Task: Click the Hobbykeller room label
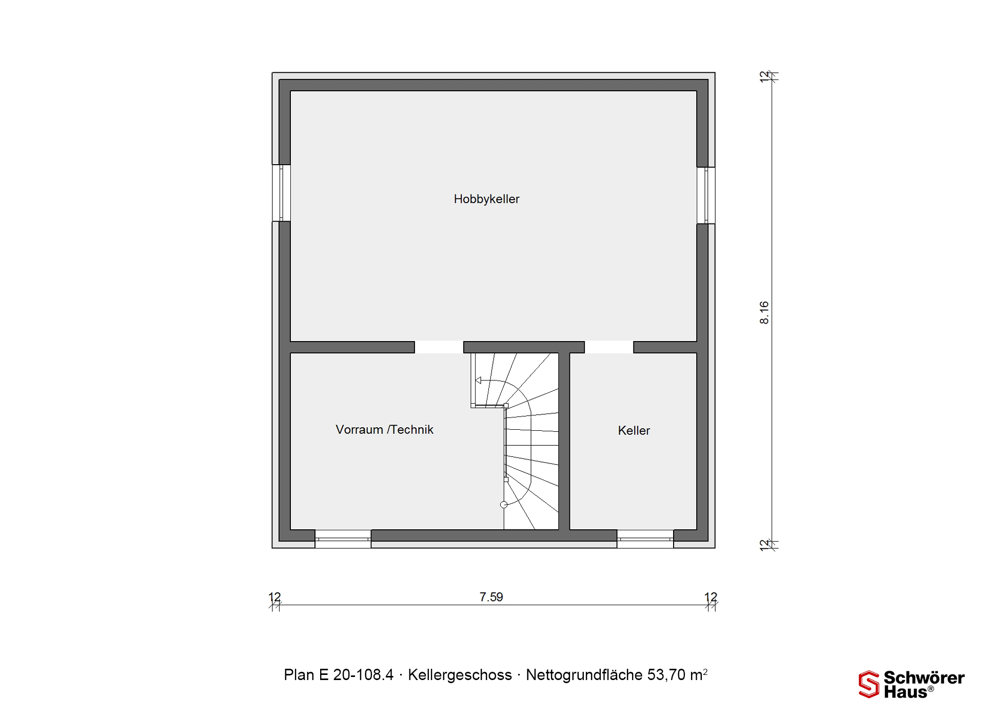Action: pos(486,199)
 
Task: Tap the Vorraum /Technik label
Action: pos(384,429)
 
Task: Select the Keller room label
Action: pos(634,430)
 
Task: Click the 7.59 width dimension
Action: pos(491,597)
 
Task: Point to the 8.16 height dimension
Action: pos(764,312)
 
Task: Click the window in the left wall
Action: pos(281,193)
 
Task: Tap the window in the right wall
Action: pos(706,195)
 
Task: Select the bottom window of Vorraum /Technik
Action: pos(343,539)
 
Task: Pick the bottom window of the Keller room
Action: pos(645,539)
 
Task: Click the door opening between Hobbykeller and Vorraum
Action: pos(439,347)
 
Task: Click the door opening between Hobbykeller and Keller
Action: pos(609,347)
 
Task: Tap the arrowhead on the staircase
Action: pos(478,381)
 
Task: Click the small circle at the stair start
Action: pos(504,505)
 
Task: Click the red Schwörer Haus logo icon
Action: pos(869,684)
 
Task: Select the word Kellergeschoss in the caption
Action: pos(460,675)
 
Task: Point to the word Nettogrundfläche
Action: pos(584,675)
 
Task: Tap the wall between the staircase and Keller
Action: pos(564,441)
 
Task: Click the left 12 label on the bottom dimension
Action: pos(275,597)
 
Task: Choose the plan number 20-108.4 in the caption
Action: pos(363,675)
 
